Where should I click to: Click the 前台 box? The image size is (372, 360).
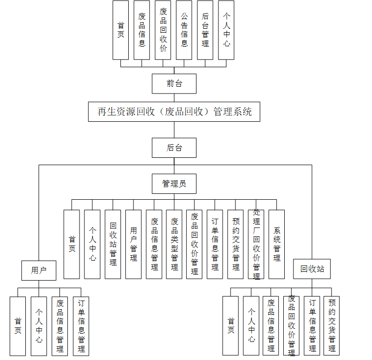point(174,84)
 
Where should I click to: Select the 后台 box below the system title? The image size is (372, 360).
point(174,148)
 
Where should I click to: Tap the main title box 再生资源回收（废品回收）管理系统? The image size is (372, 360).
point(174,112)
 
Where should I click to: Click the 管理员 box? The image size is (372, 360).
point(174,184)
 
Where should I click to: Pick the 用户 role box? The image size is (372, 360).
point(39,270)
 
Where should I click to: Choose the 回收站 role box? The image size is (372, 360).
point(312,269)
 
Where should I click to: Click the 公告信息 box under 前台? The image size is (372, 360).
point(184,30)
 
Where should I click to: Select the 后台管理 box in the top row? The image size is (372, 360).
point(205,30)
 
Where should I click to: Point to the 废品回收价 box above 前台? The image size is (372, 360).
point(163,30)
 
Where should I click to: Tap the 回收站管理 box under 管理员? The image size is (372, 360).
point(113,244)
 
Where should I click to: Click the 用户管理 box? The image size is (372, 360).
point(133,244)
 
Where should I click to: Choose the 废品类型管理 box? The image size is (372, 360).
point(174,244)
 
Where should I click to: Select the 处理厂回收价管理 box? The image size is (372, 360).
point(256,244)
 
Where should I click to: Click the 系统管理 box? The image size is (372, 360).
point(276,244)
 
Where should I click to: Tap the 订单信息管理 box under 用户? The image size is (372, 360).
point(81,326)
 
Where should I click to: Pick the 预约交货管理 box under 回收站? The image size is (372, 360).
point(332,325)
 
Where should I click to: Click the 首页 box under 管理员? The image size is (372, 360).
point(72,244)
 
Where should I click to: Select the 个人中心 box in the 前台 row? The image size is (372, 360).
point(226,30)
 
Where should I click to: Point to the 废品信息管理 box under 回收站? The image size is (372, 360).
point(271,325)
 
